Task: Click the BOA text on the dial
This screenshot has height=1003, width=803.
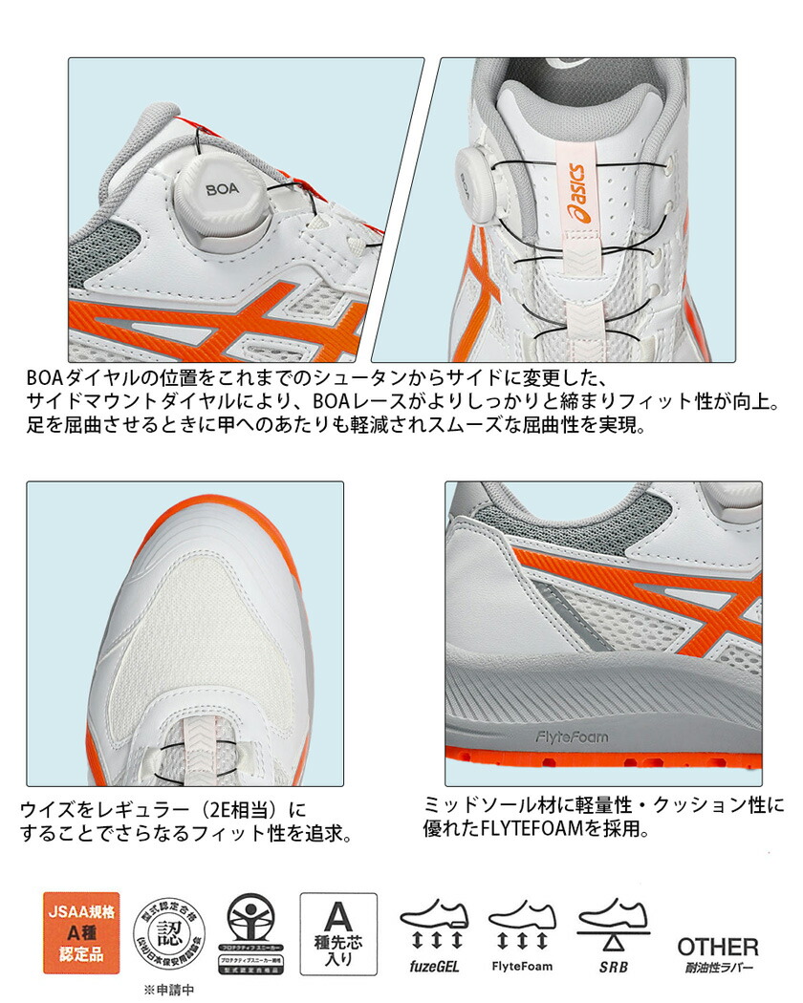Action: pyautogui.click(x=224, y=189)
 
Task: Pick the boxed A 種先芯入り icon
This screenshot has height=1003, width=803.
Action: pyautogui.click(x=338, y=932)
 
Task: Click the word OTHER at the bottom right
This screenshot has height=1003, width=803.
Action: pyautogui.click(x=718, y=947)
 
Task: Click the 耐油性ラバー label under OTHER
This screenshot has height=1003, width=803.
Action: pyautogui.click(x=718, y=967)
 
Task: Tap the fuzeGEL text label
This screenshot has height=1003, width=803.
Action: pyautogui.click(x=435, y=966)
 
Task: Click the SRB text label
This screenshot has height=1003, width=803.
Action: pyautogui.click(x=613, y=966)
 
